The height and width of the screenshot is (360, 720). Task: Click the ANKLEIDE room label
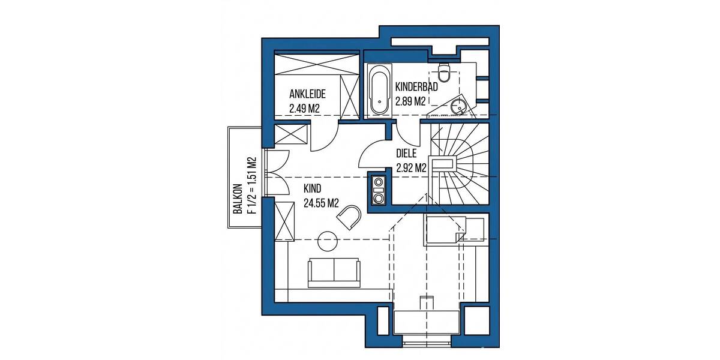pyautogui.click(x=307, y=94)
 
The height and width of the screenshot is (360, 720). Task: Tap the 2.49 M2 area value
pyautogui.click(x=303, y=109)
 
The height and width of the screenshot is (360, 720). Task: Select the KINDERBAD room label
pyautogui.click(x=416, y=87)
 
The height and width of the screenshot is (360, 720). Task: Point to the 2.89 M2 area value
pyautogui.click(x=410, y=101)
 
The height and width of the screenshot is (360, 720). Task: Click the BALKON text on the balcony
pyautogui.click(x=238, y=199)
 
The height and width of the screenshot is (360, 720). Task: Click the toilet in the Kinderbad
pyautogui.click(x=445, y=72)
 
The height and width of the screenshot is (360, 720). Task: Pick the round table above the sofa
pyautogui.click(x=328, y=241)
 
